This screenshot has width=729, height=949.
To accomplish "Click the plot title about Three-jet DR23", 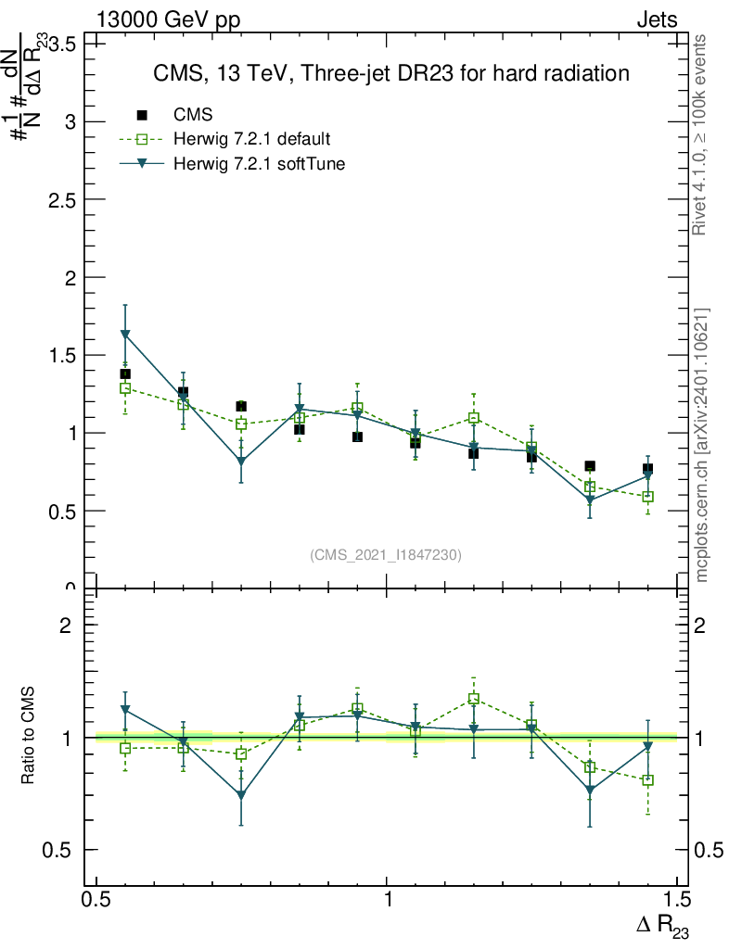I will pos(391,72).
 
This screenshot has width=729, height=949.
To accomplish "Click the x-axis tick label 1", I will pos(387,899).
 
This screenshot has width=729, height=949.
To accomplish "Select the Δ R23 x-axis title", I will pos(662,925).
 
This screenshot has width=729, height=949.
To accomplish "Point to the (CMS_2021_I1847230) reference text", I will pos(386,555).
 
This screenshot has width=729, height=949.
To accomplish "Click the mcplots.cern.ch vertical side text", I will pos(702,445).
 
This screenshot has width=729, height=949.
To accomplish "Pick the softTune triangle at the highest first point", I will pos(125,335).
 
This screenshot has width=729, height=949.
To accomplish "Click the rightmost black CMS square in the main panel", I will pos(647,469).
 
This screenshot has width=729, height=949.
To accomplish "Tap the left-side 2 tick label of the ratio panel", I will pos(65,626).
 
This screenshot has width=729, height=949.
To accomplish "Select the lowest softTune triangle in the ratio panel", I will pos(241,795).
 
